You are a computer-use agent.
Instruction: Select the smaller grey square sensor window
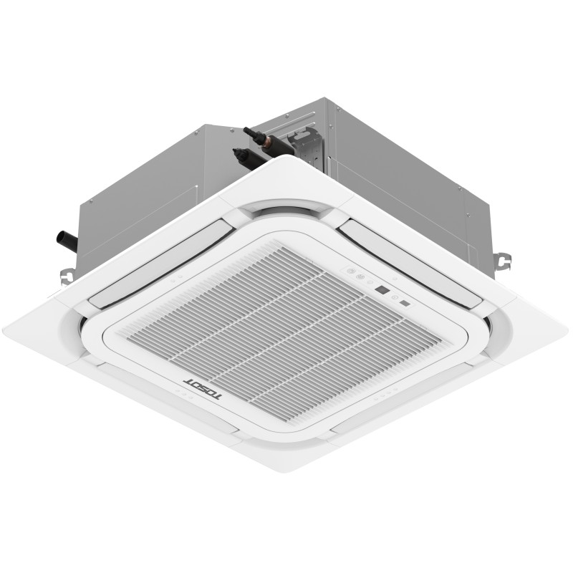click(405, 304)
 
